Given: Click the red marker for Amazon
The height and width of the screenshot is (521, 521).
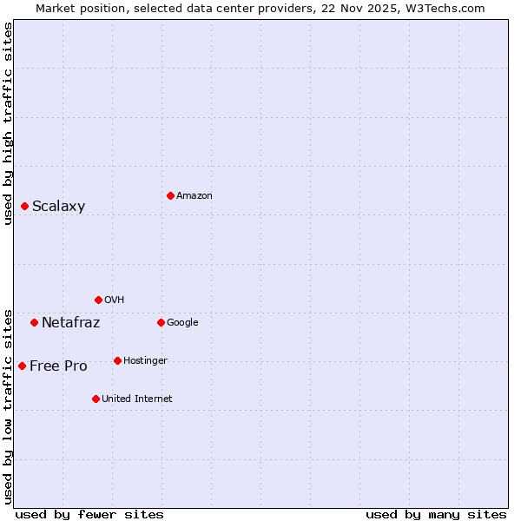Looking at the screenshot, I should click(x=170, y=195).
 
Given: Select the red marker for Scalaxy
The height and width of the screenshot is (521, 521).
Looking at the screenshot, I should click(x=24, y=206).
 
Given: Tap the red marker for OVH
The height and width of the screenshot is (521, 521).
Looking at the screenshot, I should click(x=98, y=300).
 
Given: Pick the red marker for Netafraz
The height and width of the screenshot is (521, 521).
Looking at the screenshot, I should click(x=34, y=322).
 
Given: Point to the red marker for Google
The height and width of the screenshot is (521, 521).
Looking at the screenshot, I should click(x=161, y=322).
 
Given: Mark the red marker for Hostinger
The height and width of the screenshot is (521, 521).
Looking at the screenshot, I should click(x=117, y=360).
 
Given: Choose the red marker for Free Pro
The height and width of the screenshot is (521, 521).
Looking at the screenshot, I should click(x=22, y=366).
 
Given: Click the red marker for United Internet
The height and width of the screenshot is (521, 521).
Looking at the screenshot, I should click(x=96, y=399).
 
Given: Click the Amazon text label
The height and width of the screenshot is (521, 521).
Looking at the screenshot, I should click(x=195, y=196).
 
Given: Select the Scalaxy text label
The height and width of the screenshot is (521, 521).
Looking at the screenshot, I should click(x=59, y=207).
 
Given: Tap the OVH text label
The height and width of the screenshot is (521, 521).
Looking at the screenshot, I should click(x=115, y=300).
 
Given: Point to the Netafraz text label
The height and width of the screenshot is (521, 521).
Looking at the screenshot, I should click(x=71, y=323).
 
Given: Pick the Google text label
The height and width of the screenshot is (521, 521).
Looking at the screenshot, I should click(x=182, y=323).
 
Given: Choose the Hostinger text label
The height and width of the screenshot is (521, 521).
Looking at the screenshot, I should click(x=145, y=361).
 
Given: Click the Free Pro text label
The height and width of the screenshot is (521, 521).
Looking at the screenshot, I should click(x=58, y=366).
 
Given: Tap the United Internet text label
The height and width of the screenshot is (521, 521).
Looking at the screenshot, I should click(x=137, y=399).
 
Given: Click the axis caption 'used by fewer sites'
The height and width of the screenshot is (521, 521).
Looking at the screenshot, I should click(x=89, y=514).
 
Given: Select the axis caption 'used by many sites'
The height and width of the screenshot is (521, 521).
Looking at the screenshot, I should click(x=436, y=514).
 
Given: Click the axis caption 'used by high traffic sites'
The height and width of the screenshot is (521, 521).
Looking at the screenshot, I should click(x=8, y=123).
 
